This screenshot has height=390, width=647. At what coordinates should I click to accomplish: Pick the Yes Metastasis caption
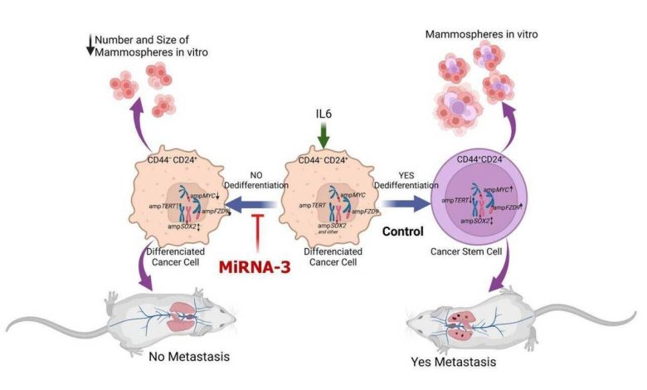pos(449,363)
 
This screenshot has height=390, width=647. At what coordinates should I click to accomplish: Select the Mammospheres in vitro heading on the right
pos(475,35)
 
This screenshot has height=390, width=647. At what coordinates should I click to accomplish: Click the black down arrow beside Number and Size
pos(90,46)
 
